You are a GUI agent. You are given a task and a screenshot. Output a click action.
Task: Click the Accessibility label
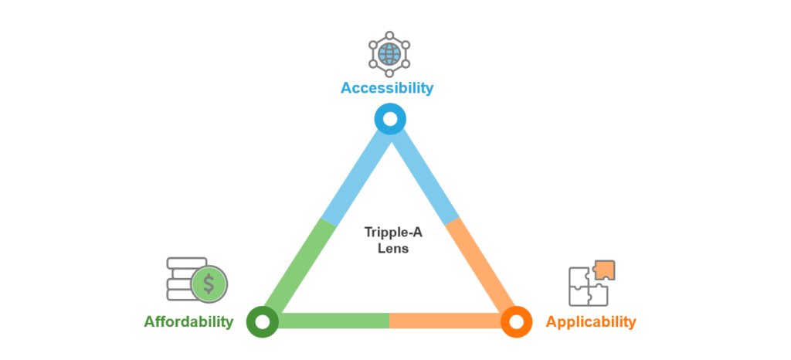pyautogui.click(x=387, y=87)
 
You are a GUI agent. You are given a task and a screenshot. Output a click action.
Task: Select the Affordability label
pyautogui.click(x=188, y=321)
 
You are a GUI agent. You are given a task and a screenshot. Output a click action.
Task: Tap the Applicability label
pyautogui.click(x=591, y=321)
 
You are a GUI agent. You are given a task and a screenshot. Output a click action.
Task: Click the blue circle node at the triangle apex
pyautogui.click(x=390, y=120)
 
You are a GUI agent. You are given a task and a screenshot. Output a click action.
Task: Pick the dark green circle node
pyautogui.click(x=262, y=321)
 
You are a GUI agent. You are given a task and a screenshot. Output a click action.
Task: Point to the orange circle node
pyautogui.click(x=516, y=321)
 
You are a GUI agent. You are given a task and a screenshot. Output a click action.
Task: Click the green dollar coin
pyautogui.click(x=209, y=284)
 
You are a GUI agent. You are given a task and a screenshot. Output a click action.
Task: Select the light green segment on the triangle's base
pyautogui.click(x=332, y=321)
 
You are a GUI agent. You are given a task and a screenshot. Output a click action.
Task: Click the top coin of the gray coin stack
pyautogui.click(x=186, y=263)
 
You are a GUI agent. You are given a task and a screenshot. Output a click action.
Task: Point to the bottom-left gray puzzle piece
pyautogui.click(x=577, y=296)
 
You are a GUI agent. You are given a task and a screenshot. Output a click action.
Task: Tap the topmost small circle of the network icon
pyautogui.click(x=389, y=35)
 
